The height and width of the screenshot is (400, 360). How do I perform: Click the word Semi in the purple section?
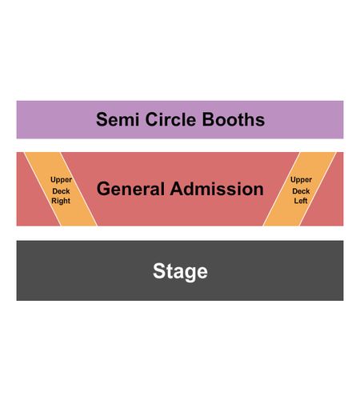click(118, 119)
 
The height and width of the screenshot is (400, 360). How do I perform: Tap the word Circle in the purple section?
click(170, 119)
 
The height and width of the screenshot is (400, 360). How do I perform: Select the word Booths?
click(234, 119)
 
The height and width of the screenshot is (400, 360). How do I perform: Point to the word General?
click(130, 189)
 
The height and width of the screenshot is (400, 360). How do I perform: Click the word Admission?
click(217, 189)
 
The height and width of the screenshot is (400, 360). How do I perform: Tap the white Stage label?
click(180, 271)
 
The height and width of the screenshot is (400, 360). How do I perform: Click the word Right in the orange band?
click(61, 201)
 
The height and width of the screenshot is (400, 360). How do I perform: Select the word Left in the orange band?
click(301, 201)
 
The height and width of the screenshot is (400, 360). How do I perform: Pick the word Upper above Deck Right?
click(61, 180)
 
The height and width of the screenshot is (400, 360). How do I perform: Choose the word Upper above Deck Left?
click(301, 180)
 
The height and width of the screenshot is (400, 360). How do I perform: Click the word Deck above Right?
click(61, 191)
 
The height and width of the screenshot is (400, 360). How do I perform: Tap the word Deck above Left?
click(301, 191)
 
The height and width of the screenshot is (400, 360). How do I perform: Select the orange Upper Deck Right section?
click(61, 189)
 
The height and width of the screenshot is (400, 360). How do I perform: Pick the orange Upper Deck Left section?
click(299, 189)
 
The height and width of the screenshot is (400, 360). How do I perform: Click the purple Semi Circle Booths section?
click(180, 120)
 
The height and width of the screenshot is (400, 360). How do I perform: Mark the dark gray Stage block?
click(180, 270)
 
